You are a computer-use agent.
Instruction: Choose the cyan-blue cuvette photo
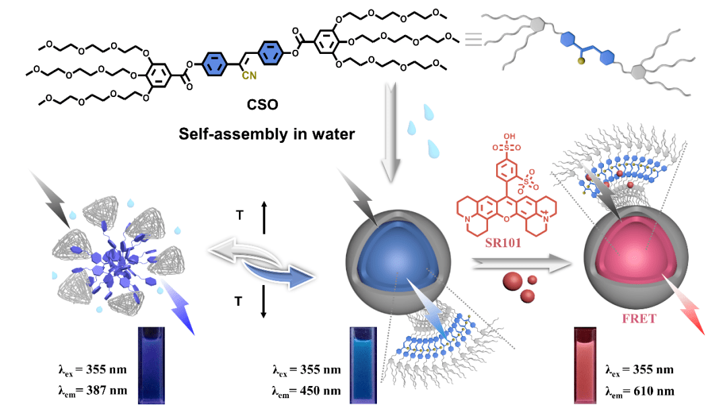(x=361, y=364)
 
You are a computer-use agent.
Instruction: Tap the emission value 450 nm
(x=326, y=389)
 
